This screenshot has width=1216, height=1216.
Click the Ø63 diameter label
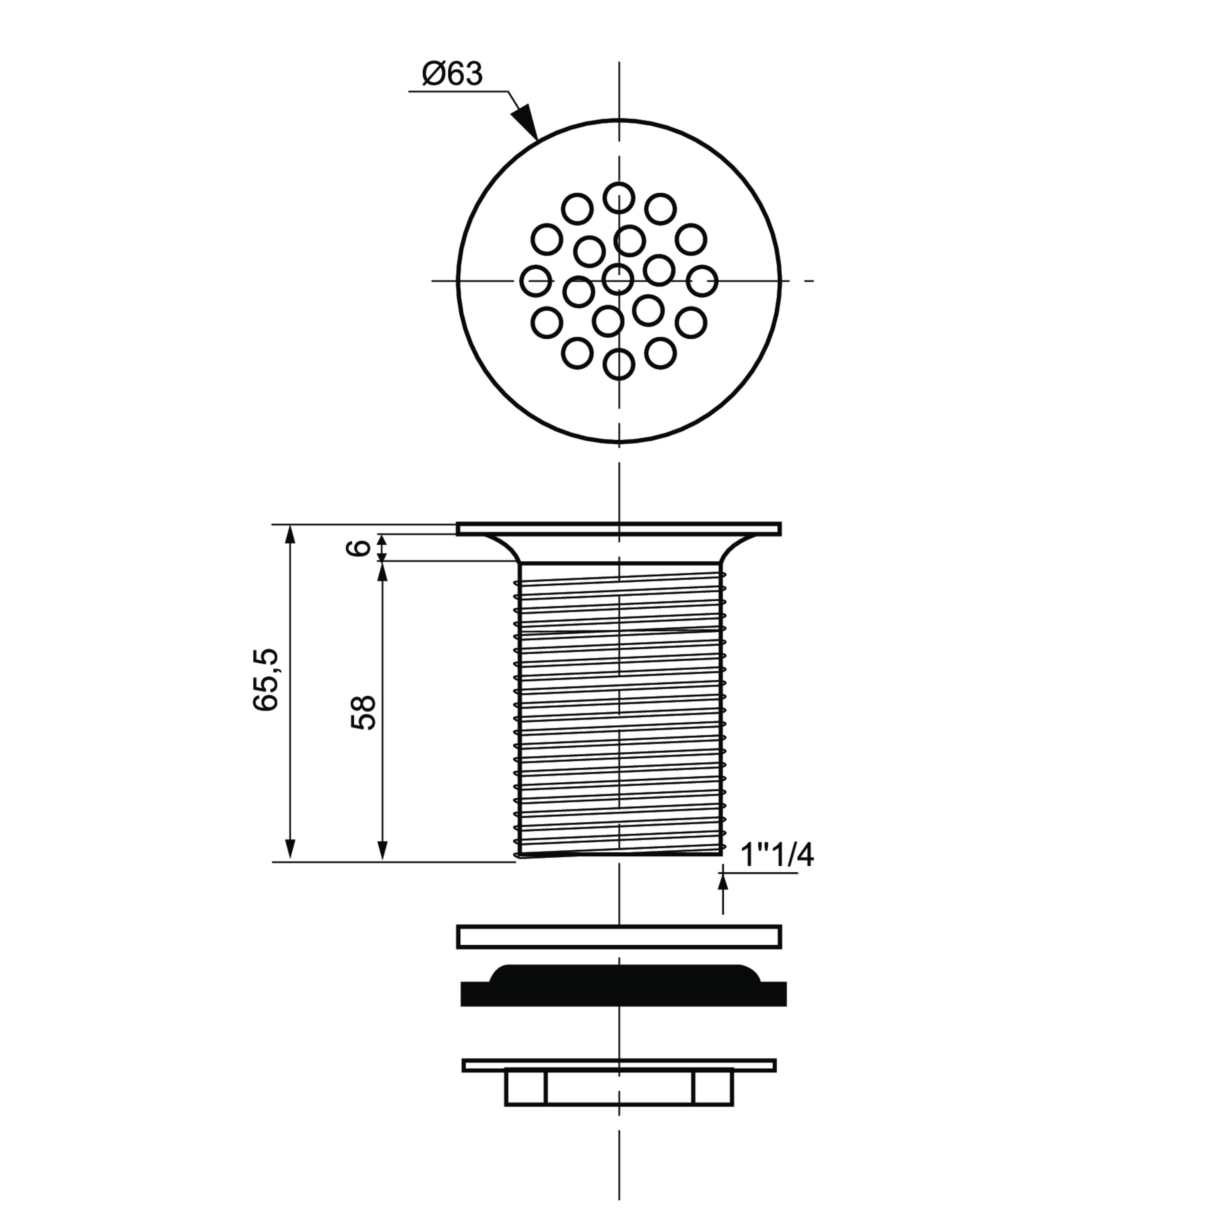click(x=452, y=74)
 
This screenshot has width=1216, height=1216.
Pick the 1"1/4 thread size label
click(x=777, y=855)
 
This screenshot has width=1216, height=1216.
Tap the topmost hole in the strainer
click(x=619, y=198)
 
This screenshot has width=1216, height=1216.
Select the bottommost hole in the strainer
click(x=619, y=364)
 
